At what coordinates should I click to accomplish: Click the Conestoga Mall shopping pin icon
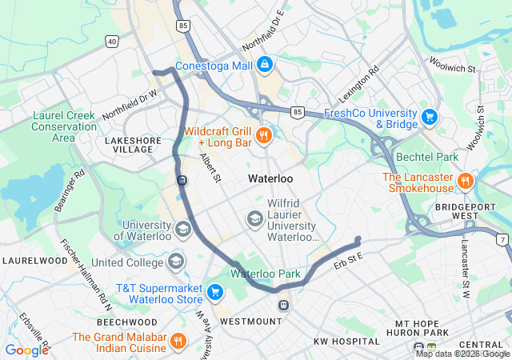click(265, 64)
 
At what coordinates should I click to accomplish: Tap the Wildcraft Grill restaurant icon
click(265, 137)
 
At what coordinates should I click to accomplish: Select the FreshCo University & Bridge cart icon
click(430, 118)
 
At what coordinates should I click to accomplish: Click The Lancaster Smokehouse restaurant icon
click(465, 182)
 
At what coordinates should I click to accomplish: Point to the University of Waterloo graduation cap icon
click(183, 230)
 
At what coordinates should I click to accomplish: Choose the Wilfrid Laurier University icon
click(254, 218)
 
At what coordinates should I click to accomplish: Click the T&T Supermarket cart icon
click(214, 292)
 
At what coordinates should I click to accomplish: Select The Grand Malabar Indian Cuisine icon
click(179, 342)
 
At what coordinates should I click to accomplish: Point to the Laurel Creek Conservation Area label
click(64, 126)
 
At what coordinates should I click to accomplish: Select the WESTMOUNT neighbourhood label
click(250, 321)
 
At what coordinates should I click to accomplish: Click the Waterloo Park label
click(266, 274)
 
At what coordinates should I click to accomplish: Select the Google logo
click(26, 350)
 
